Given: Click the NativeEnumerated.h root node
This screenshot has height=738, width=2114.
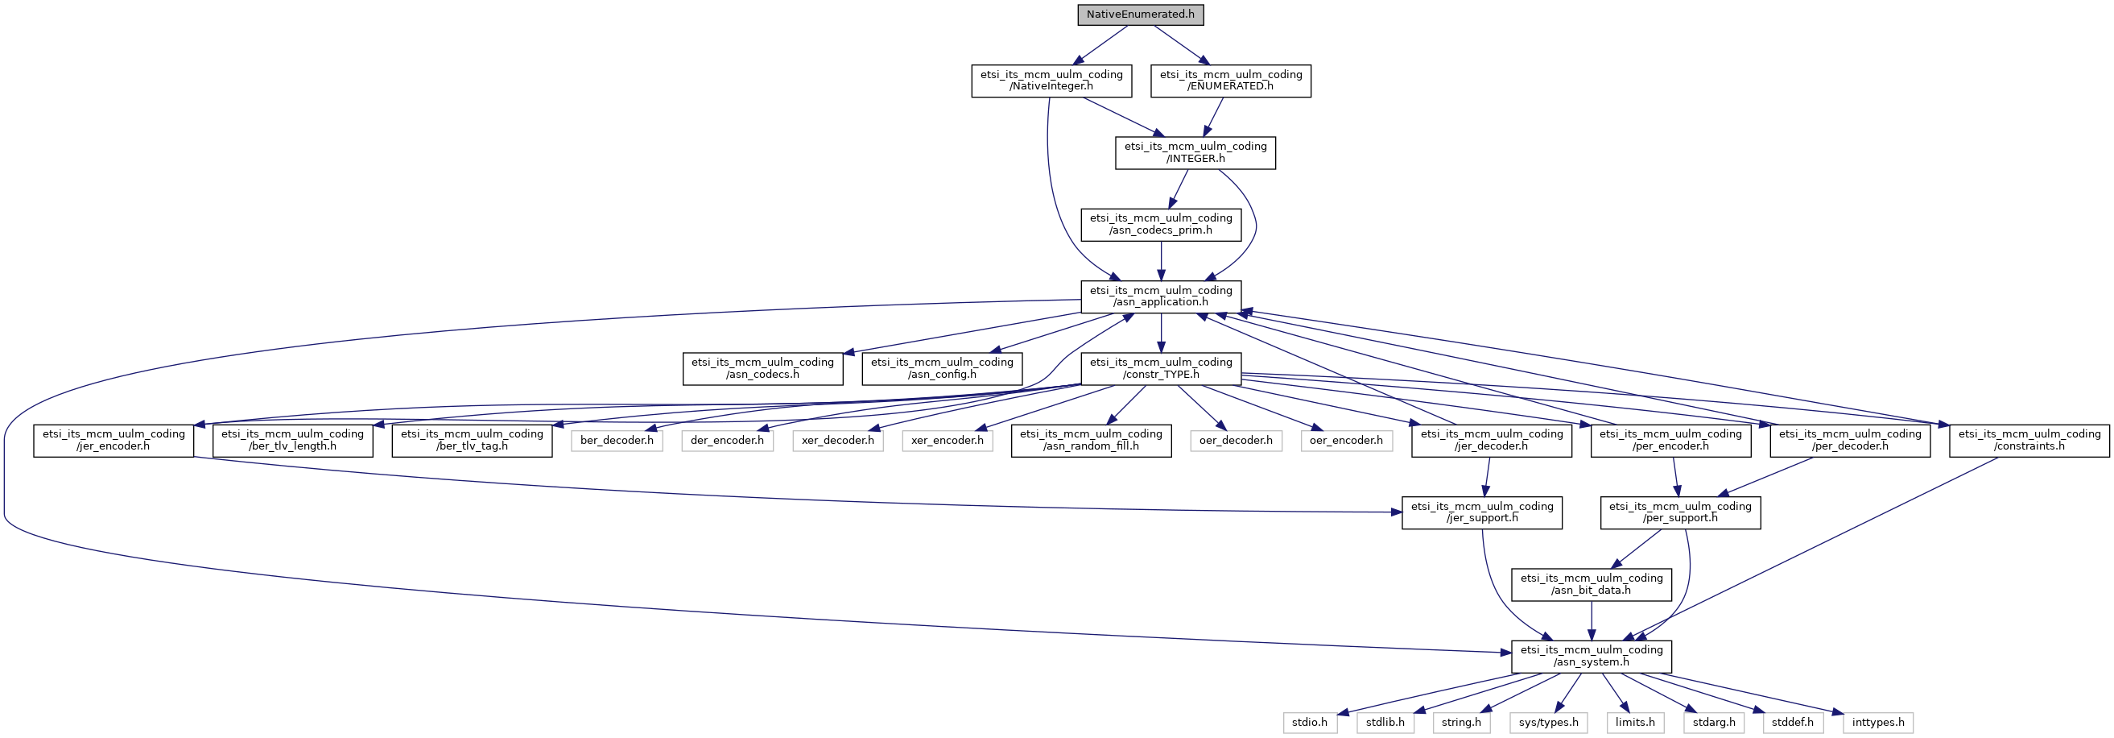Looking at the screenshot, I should click(1141, 15).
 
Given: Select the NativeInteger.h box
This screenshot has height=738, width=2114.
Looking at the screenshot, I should click(1051, 81).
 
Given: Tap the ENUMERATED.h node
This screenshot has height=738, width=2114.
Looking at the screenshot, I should click(1230, 81).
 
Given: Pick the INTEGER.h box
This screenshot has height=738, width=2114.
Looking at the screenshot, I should click(1195, 153).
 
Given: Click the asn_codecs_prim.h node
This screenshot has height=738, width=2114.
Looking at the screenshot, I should click(1160, 224).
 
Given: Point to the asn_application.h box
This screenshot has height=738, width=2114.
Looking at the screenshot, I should click(1160, 296).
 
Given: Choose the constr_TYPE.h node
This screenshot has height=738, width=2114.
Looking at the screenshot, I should click(1160, 368).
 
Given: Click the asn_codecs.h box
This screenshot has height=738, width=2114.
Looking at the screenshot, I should click(762, 368).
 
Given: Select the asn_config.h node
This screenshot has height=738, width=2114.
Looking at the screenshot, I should click(941, 368).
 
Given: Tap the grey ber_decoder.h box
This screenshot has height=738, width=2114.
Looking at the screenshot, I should click(617, 441).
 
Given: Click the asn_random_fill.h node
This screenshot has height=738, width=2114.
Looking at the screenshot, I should click(1091, 441).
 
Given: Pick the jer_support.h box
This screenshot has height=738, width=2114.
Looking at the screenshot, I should click(1481, 512).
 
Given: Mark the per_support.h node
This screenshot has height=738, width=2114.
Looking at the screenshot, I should click(1680, 512).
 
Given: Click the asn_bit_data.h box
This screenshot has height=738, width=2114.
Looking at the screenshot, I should click(1592, 584).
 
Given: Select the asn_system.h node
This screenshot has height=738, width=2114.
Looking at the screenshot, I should click(1592, 656).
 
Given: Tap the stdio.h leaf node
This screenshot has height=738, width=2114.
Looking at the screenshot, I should click(1310, 723).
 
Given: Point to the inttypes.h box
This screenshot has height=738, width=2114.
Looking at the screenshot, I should click(1878, 723).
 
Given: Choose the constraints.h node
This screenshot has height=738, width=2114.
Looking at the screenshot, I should click(2029, 441).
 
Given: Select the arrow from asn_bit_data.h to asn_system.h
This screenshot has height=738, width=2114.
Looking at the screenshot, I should click(1592, 620).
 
